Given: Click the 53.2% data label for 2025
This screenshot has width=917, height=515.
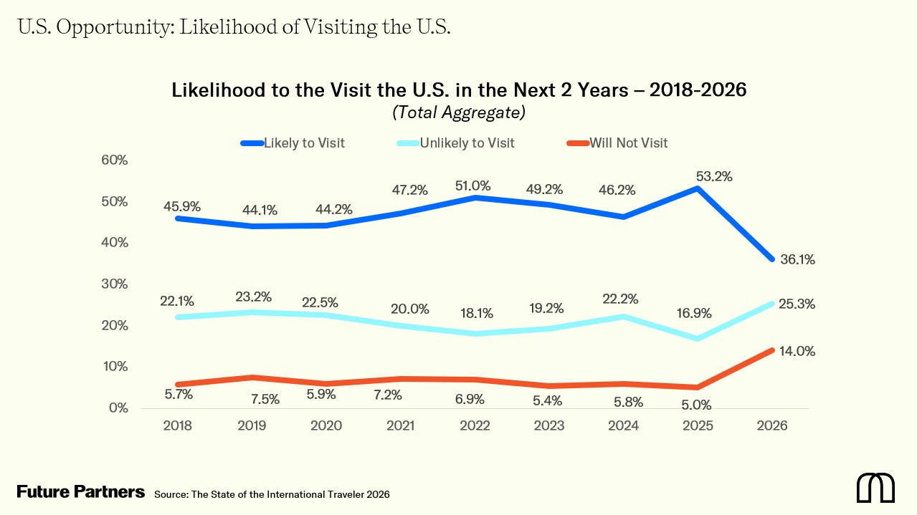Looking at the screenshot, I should point(714,177).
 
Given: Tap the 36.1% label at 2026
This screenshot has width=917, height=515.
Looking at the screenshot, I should point(797,260).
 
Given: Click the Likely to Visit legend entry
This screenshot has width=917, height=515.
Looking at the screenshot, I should point(304,143).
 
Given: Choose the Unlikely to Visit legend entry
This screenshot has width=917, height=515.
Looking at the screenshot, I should point(467,143).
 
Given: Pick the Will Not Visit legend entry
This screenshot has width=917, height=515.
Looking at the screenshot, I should point(628,143).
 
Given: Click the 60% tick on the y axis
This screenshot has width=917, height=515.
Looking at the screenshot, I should point(114,160).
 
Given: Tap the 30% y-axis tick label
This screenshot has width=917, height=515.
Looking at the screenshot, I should point(114,284).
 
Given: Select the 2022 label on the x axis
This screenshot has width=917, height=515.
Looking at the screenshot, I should point(475,425).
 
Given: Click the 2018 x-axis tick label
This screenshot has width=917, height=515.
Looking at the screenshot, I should point(178,425).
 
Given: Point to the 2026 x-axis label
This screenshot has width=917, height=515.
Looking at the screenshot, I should point(772,425).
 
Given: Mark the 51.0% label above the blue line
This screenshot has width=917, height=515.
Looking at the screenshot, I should point(473,186).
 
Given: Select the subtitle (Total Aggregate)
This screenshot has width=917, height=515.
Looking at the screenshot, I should point(459,112).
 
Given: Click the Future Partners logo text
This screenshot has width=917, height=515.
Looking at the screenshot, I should point(81,492).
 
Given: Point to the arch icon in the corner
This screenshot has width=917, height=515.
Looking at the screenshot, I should point(875,488).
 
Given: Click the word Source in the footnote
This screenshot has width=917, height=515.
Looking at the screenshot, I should point(170,494).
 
